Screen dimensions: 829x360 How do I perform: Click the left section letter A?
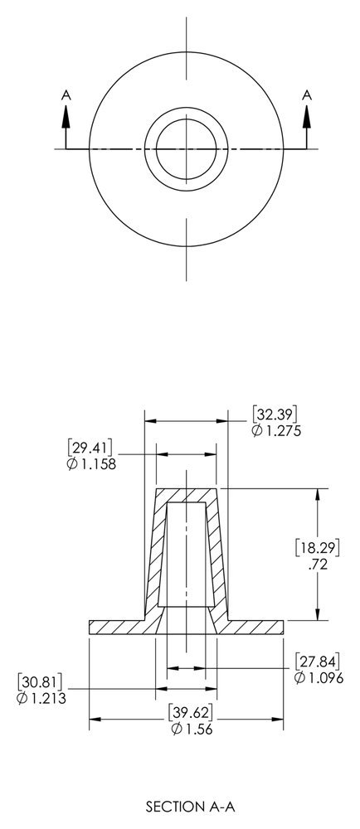(x=65, y=96)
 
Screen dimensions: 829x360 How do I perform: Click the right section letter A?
(x=307, y=96)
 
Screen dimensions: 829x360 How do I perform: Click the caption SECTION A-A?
(x=187, y=805)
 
